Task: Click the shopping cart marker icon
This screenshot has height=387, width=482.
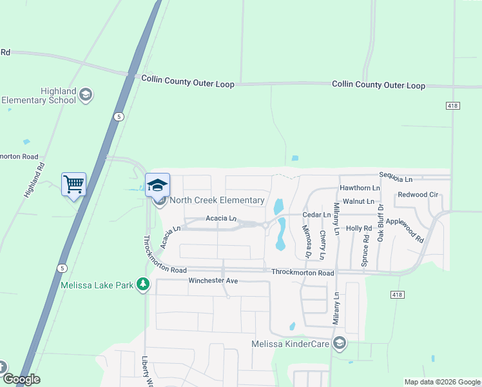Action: pos(73,184)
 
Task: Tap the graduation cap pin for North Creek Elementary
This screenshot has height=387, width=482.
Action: pos(157,186)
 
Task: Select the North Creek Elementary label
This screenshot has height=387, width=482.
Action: pos(217,200)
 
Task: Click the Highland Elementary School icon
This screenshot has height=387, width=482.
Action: pos(86,95)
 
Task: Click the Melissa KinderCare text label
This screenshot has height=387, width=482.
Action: pos(291,344)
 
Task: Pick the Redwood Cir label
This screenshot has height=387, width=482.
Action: pos(418,194)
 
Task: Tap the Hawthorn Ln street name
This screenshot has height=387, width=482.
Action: pos(359,188)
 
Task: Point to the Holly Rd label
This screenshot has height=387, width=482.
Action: pos(359,228)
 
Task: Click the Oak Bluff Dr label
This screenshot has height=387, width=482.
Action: pos(381,223)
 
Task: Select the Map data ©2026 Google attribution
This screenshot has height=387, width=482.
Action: pos(442,382)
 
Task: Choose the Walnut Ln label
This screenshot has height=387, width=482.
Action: pos(358,201)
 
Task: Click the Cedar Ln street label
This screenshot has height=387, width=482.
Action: pos(316,214)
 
